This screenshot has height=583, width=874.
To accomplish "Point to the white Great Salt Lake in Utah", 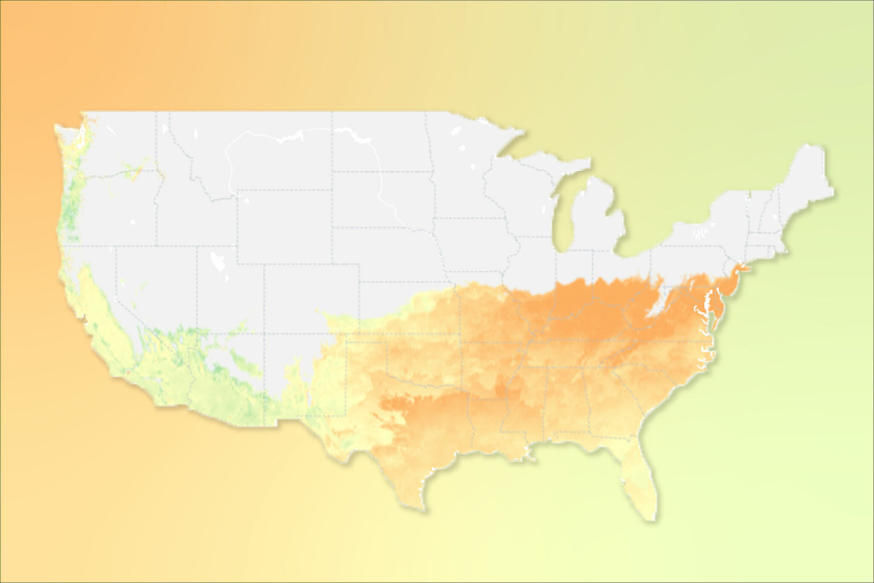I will coord(218,261).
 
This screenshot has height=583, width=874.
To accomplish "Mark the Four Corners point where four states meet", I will coord(264,334).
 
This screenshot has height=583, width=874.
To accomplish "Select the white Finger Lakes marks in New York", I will coord(700,233).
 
